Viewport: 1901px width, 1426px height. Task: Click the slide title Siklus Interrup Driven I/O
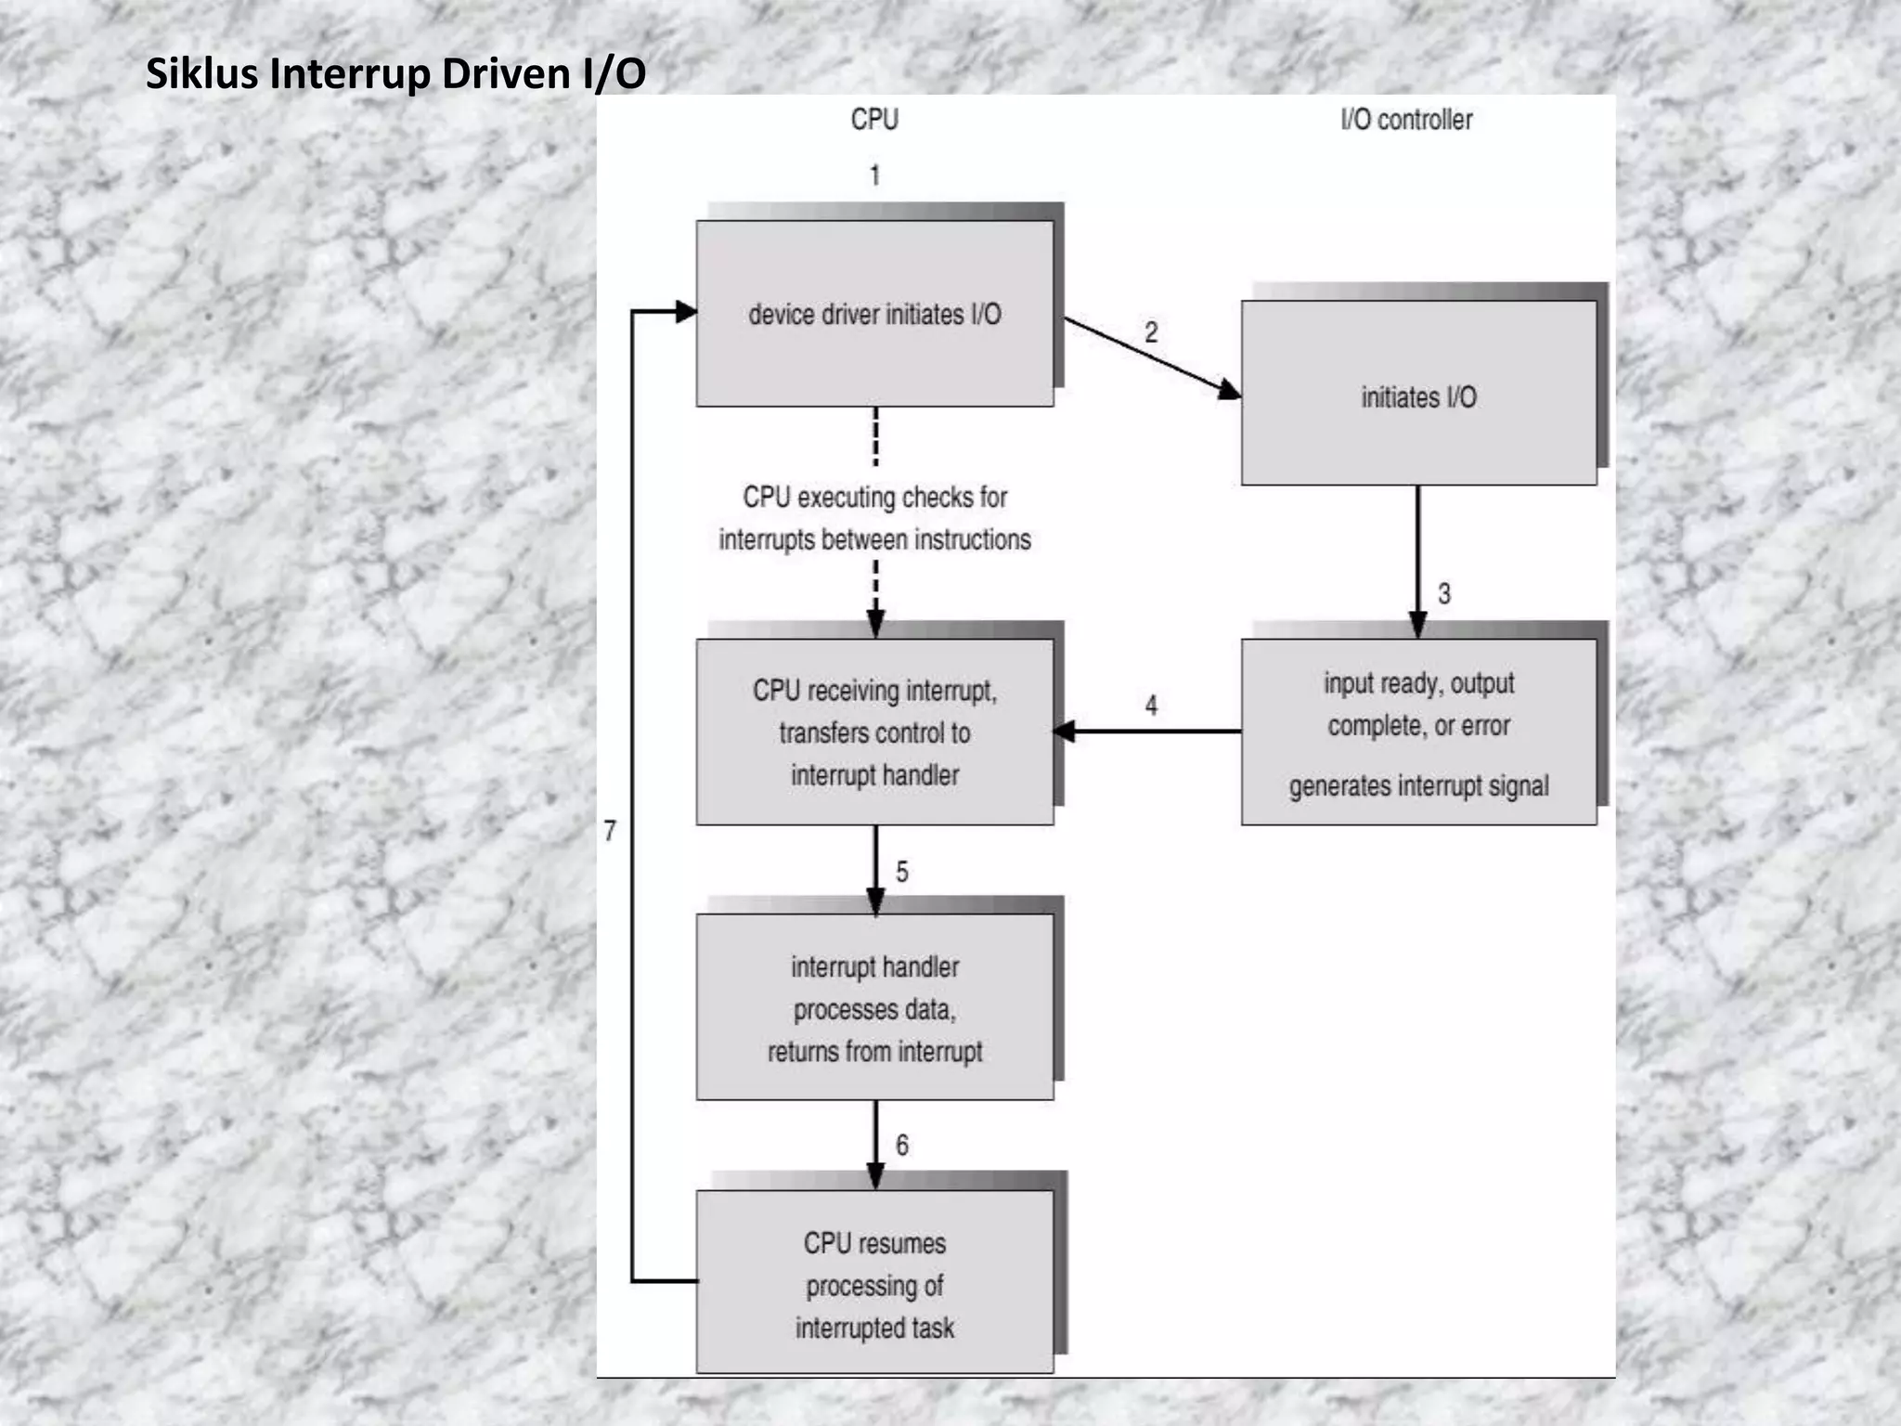(395, 74)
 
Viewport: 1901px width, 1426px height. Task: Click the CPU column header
(874, 120)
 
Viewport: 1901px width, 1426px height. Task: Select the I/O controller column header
(1406, 120)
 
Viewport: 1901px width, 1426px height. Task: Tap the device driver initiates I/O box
(874, 314)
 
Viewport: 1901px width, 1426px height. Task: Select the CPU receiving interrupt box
(874, 732)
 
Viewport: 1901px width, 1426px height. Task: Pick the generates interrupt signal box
(1418, 732)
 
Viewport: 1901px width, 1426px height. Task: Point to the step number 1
(874, 175)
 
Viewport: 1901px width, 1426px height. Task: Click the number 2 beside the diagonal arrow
(1151, 332)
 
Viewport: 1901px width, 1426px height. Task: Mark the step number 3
(1444, 594)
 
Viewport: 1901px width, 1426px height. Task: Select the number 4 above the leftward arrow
(1151, 706)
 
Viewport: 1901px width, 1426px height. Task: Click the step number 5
(901, 872)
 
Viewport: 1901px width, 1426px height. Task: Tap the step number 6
(901, 1146)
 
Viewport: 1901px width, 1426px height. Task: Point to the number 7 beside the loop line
(610, 831)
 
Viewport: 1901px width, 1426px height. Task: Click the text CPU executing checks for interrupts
(874, 518)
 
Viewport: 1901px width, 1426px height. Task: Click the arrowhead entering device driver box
(686, 312)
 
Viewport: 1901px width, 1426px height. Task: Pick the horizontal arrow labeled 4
(1151, 732)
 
